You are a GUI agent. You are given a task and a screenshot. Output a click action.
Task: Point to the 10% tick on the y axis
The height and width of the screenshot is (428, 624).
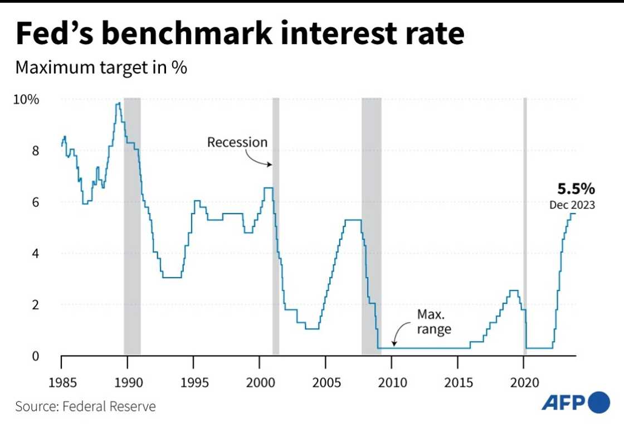coord(27,100)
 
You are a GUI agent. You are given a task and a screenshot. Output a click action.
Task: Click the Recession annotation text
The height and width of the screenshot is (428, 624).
coord(237,142)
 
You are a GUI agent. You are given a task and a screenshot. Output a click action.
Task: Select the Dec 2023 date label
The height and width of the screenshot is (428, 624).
coord(572,205)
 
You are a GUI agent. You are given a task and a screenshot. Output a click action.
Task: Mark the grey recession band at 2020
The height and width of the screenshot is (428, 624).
coord(525,223)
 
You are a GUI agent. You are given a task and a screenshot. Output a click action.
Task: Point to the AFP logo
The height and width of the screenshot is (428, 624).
coord(575,402)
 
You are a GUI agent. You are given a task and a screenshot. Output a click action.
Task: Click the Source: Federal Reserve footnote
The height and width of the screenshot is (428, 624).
coord(85,406)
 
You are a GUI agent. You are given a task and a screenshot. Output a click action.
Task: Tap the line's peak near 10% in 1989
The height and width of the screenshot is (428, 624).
coord(118,104)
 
